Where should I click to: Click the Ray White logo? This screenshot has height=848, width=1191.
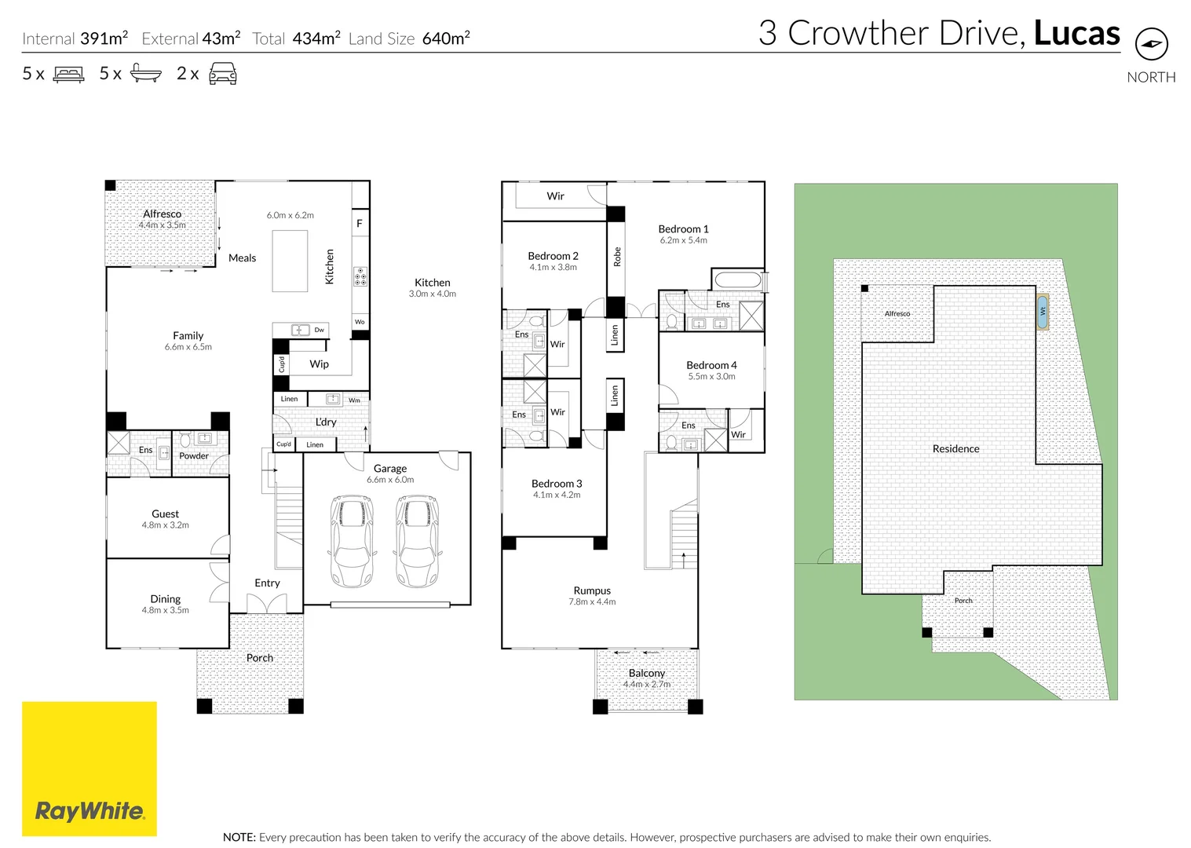90,769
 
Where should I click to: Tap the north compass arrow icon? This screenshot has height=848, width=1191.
1152,44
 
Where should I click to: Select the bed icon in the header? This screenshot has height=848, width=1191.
68,74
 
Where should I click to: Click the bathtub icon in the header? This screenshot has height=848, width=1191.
146,73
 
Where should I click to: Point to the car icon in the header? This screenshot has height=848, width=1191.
223,73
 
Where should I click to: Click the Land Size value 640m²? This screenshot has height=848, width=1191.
446,38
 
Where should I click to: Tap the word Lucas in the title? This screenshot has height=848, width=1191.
1076,33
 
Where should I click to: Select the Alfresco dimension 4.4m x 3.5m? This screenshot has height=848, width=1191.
163,225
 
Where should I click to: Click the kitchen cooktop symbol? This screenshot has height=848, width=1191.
360,277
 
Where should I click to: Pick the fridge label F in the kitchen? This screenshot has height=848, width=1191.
360,223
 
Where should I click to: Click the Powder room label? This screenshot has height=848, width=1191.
194,455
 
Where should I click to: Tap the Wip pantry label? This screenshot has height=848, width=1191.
319,364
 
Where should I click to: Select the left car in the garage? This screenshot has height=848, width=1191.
352,541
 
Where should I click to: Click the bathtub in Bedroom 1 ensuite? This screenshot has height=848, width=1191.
738,280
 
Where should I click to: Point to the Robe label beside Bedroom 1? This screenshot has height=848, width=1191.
617,257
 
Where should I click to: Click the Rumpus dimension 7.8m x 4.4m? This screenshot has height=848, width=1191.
592,601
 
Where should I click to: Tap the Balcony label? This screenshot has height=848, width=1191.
647,673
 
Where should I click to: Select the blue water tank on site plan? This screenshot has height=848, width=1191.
1043,312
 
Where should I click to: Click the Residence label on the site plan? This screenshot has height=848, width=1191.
955,448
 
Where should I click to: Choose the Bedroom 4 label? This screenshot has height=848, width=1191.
711,365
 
